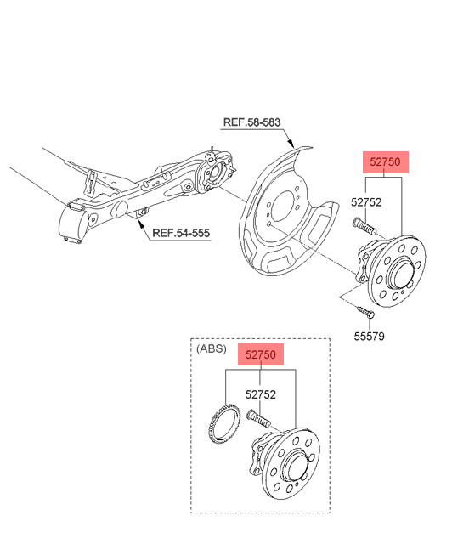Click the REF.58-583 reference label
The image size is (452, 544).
[251, 122]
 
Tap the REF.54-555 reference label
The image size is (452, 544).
[181, 233]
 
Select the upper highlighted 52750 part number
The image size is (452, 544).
[386, 162]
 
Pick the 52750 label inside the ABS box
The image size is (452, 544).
[261, 354]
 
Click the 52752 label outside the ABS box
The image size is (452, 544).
[366, 202]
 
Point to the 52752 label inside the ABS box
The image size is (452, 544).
[261, 394]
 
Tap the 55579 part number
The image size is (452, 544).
[369, 337]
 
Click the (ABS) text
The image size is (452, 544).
[212, 348]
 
